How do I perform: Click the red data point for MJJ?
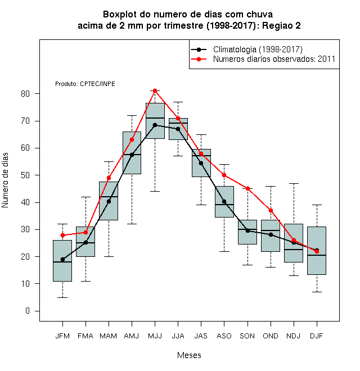[x=155, y=91]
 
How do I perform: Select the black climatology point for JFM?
[x=62, y=260]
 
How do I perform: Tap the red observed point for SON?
[x=247, y=188]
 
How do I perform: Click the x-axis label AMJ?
[x=132, y=336]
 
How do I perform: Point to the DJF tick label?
[x=317, y=336]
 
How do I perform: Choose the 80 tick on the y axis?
[x=25, y=94]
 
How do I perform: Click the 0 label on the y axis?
[x=28, y=311]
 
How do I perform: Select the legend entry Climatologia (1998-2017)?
[x=258, y=49]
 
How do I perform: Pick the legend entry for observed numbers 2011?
[x=274, y=59]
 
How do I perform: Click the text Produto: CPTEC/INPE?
[x=85, y=84]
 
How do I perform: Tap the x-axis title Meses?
[x=189, y=355]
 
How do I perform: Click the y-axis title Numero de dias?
[x=5, y=180]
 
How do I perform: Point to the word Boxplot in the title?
[x=120, y=15]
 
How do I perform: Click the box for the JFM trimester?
[x=62, y=261]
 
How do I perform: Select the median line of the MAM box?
[x=109, y=197]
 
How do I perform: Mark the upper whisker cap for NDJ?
[x=294, y=183]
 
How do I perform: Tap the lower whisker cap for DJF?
[x=317, y=292]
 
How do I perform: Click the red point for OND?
[x=271, y=211]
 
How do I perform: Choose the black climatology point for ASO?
[x=224, y=202]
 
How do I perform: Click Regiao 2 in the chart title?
[x=281, y=25]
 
